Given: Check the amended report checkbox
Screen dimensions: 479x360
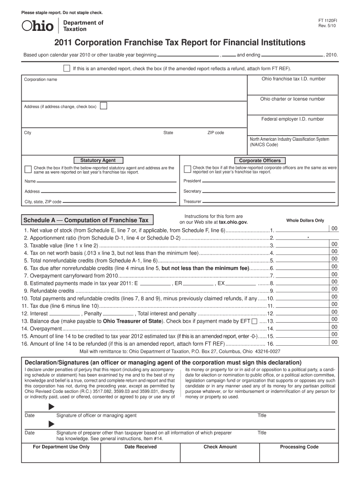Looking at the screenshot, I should click(x=66, y=68).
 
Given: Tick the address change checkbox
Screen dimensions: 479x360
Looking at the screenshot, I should click(x=103, y=106).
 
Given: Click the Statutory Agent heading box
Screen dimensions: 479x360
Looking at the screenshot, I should click(x=98, y=160).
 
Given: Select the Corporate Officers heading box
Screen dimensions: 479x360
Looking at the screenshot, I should click(x=260, y=160).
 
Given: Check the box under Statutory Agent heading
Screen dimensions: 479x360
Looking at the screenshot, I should click(x=28, y=169).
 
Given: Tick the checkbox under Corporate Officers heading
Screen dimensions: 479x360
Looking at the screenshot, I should click(x=187, y=169).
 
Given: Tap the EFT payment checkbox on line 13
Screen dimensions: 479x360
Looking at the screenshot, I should click(x=254, y=321).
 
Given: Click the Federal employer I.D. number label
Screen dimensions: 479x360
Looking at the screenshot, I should click(x=292, y=119).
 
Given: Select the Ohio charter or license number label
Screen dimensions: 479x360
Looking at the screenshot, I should click(x=292, y=99).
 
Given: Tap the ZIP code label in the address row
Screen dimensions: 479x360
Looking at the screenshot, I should click(x=216, y=133).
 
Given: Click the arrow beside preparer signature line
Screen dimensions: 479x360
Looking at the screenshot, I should click(x=51, y=424).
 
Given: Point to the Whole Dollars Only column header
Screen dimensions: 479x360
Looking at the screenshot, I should click(x=305, y=220).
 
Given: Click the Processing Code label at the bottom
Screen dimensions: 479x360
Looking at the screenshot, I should click(x=299, y=447).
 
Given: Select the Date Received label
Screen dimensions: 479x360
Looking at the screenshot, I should click(x=140, y=447).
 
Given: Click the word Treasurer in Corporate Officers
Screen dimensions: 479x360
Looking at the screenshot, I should click(x=192, y=202).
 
